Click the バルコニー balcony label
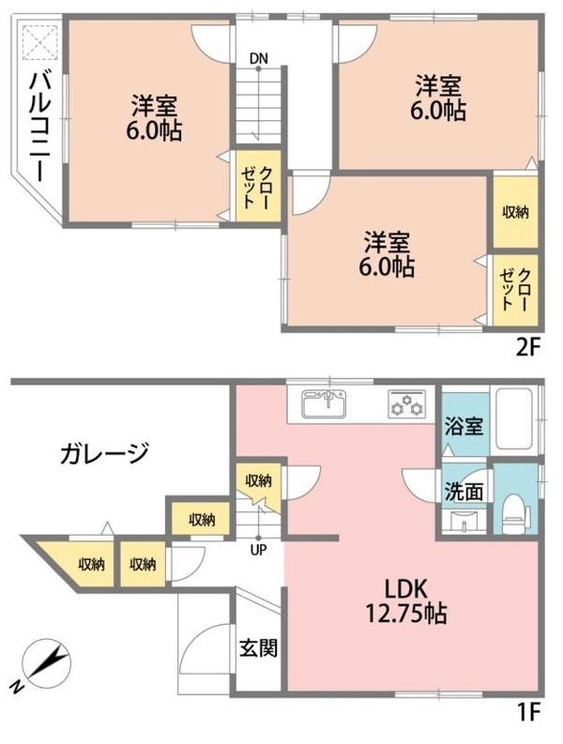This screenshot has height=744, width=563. pos(41,128)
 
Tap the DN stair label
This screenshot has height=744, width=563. pos(259,58)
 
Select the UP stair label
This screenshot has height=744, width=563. pos(259,551)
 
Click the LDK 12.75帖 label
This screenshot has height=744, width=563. pos(406,601)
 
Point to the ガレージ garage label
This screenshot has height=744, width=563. pos(105,452)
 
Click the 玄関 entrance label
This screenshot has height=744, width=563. pos(258,647)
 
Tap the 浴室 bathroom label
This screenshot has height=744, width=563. pos(464,426)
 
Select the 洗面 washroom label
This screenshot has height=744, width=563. pos(464,492)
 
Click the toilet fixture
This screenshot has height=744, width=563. pos(515,514)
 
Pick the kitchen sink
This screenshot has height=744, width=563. pos(324,404)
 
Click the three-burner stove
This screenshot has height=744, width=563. pos(407,404)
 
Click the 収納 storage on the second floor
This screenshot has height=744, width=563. pos(515,212)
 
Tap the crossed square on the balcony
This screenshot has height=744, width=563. pos(40,43)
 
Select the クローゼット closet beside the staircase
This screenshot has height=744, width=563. pos(258,187)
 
